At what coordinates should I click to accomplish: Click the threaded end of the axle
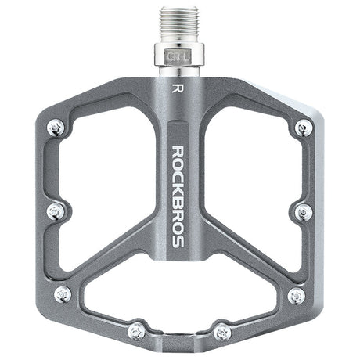pos(179,25)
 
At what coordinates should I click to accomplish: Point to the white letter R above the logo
pos(178,88)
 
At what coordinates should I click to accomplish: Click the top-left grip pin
pos(56,128)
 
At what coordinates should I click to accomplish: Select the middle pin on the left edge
pos(56,211)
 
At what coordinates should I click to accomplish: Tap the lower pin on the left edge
pos(63,294)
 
